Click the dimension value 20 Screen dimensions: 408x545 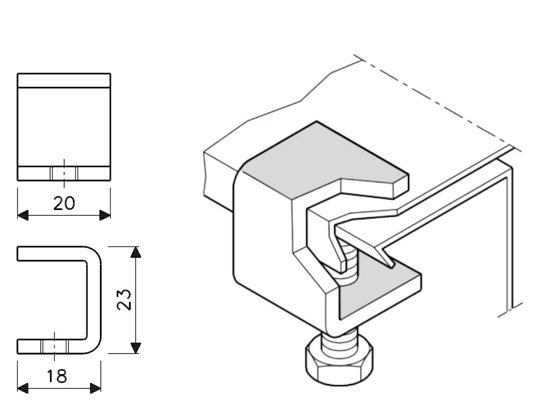[x=64, y=203]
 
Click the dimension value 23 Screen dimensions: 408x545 [x=124, y=299]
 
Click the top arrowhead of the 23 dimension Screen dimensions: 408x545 [x=136, y=253]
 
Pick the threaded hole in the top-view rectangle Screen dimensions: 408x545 [x=64, y=173]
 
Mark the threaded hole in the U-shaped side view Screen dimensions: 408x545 [x=55, y=346]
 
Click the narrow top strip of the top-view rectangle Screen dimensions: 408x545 [x=64, y=81]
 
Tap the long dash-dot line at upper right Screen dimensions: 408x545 [x=437, y=99]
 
